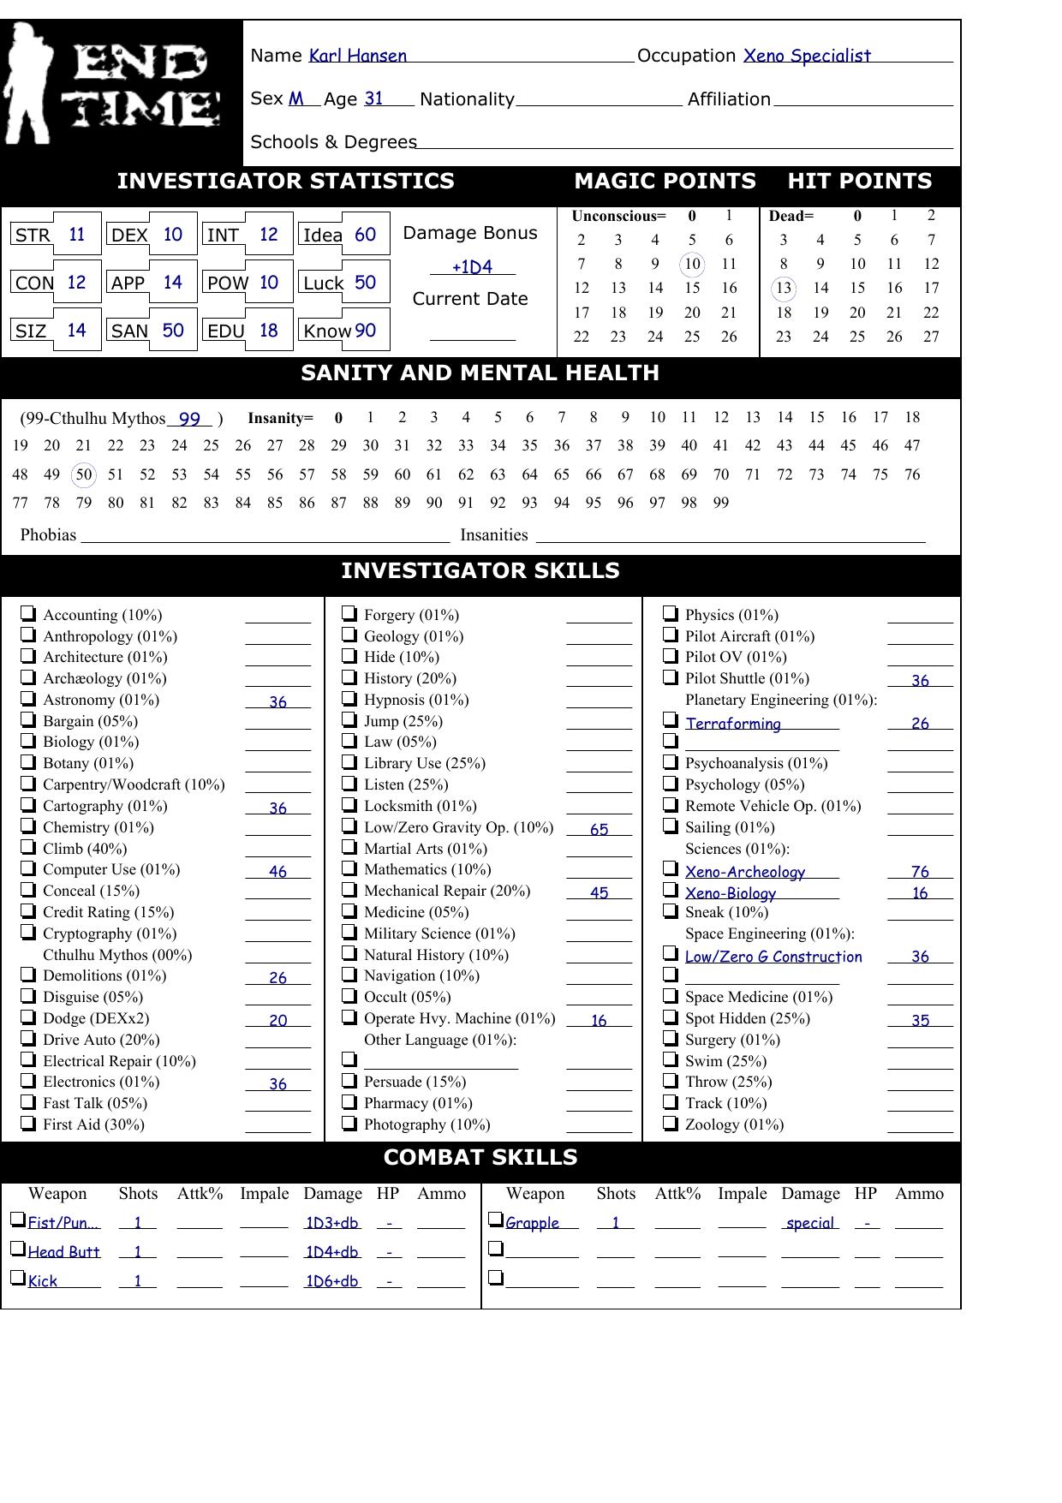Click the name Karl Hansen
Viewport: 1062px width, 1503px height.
point(357,57)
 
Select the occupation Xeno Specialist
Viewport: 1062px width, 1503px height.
point(806,57)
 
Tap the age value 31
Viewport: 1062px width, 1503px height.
point(373,99)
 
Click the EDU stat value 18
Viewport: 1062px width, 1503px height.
point(268,331)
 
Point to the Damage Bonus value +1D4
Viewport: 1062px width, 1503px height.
point(472,267)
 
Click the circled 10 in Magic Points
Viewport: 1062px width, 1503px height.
point(692,264)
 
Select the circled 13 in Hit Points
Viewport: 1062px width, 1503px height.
point(783,288)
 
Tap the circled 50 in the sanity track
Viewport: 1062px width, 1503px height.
point(83,474)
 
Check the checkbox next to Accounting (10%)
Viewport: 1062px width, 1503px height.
point(28,613)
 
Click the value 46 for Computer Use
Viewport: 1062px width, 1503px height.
point(277,872)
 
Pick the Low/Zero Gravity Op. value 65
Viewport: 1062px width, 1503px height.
point(599,830)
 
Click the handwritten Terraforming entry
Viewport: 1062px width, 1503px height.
point(732,724)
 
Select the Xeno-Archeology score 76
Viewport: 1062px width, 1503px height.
point(920,872)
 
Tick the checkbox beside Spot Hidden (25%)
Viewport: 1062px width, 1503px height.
point(671,1017)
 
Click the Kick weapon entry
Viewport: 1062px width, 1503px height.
point(43,1281)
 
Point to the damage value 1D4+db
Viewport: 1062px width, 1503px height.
point(331,1252)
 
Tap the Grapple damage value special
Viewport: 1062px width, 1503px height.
point(809,1223)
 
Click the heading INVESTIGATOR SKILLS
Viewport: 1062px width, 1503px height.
point(480,571)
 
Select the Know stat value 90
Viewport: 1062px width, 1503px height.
point(365,331)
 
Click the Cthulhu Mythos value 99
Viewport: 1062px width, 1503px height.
point(189,420)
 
